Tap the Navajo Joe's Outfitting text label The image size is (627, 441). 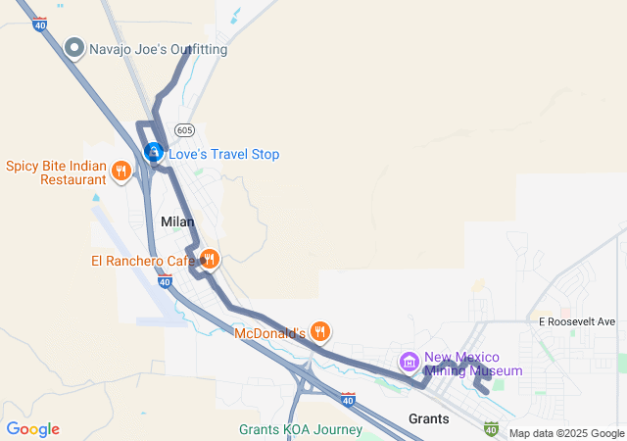158,49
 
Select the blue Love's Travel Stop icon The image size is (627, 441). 154,153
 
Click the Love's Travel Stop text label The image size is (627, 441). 224,154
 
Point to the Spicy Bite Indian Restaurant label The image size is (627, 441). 56,172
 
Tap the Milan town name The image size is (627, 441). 177,222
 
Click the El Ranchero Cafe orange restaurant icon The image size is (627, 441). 209,260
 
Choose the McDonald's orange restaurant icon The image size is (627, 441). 319,332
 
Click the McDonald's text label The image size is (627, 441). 270,333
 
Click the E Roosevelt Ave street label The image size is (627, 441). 576,321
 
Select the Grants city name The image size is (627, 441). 428,418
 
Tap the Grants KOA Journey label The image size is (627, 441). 301,429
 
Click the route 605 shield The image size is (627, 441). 185,129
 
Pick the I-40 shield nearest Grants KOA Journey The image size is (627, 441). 349,399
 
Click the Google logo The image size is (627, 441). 32,429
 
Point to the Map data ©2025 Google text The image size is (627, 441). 566,433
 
